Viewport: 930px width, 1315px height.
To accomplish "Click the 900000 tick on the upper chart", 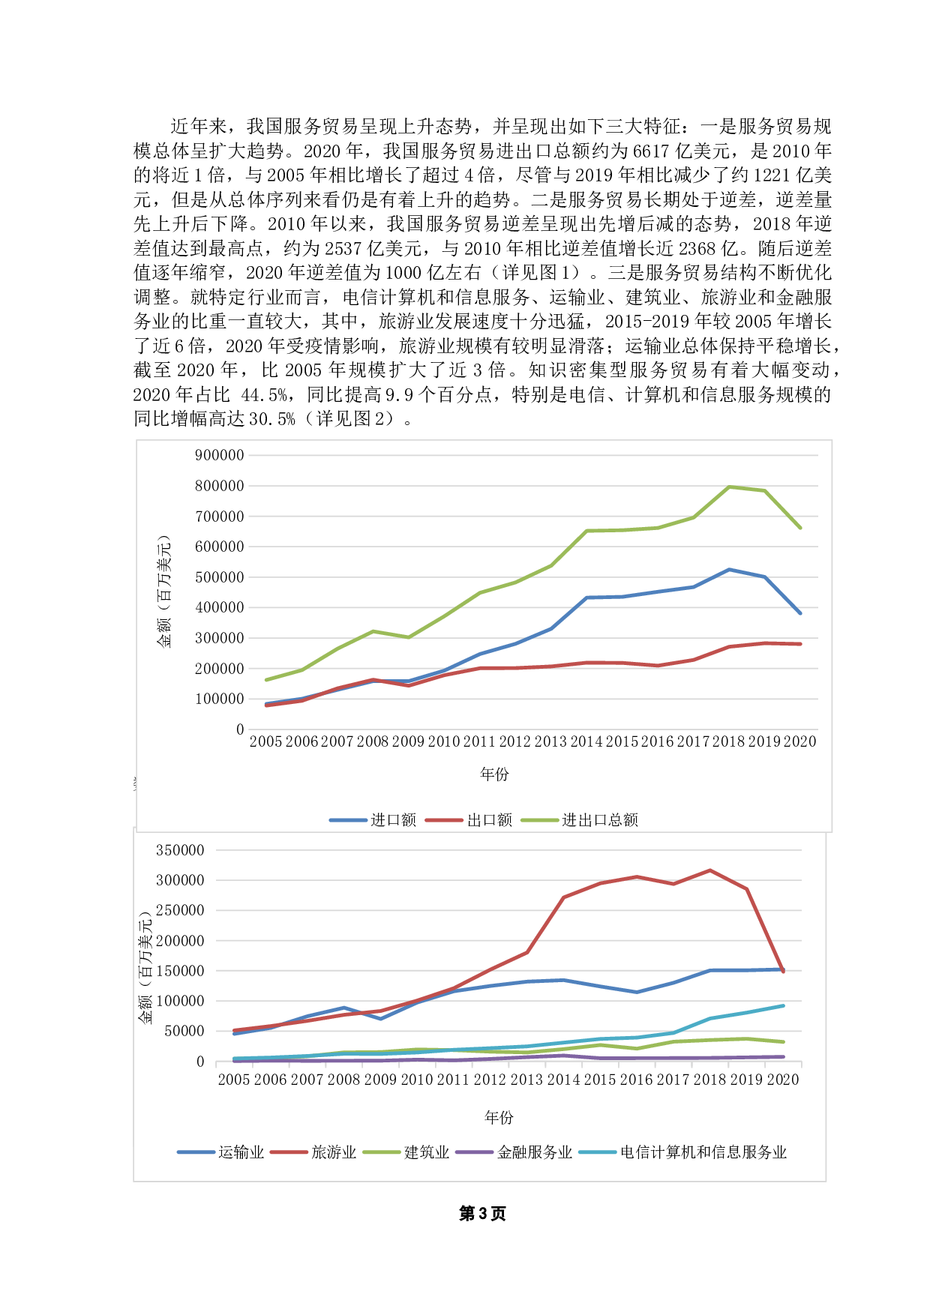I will [220, 455].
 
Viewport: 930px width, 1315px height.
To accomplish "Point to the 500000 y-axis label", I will [220, 577].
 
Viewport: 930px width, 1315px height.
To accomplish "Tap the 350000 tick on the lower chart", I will [180, 850].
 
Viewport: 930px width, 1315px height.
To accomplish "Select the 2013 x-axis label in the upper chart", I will [550, 741].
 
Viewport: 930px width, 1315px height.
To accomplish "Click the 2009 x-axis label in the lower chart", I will [380, 1080].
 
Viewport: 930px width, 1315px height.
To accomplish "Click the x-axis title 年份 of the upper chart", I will [494, 774].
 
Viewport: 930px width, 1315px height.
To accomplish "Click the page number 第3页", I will [482, 1214].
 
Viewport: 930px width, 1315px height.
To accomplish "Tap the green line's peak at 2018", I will [729, 487].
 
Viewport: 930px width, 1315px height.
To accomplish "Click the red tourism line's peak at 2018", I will [709, 870].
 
